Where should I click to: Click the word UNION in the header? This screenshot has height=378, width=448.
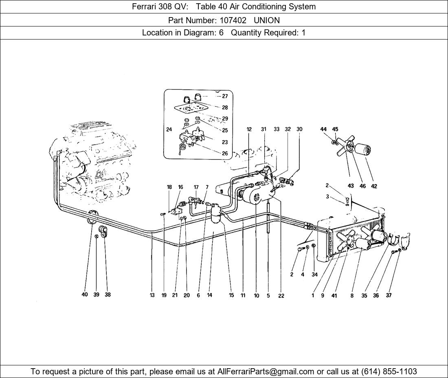267,20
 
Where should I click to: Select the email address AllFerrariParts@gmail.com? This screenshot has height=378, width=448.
266,371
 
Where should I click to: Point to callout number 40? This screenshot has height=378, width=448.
85,294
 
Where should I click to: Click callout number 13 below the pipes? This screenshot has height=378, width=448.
152,295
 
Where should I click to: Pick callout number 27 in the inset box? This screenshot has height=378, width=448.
225,97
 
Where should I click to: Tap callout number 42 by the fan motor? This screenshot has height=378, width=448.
374,186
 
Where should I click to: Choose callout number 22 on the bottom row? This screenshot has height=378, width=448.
281,296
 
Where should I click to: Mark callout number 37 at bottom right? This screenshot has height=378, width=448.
389,295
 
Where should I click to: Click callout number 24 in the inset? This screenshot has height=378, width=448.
169,130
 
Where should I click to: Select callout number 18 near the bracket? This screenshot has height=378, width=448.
169,187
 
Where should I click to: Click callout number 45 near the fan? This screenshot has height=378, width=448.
335,129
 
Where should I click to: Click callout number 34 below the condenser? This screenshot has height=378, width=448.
314,275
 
